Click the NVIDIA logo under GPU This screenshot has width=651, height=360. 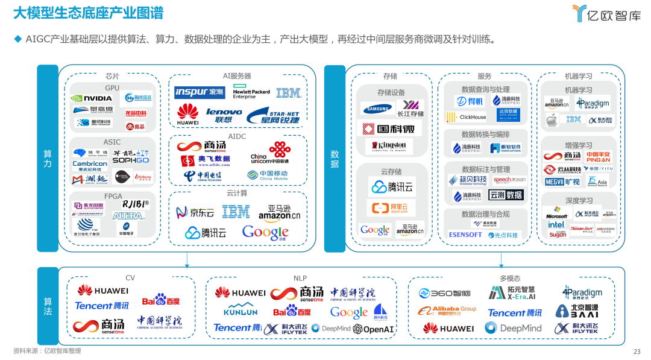(91, 98)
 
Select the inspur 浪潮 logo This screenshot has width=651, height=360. (200, 92)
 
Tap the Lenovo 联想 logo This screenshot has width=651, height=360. (224, 115)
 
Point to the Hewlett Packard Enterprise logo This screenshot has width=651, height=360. (251, 93)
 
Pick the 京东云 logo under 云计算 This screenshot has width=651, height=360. (195, 212)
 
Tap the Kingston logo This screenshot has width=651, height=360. (389, 145)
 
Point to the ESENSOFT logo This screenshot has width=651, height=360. (465, 234)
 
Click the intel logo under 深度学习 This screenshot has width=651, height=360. (556, 224)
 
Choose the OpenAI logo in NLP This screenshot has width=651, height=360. (374, 329)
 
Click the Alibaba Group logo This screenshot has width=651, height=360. (446, 311)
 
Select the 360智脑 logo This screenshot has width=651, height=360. (444, 294)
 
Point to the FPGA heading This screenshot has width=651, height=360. (113, 196)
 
